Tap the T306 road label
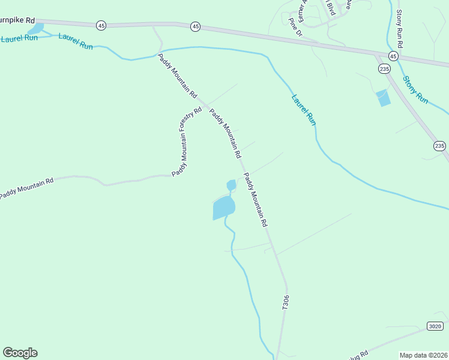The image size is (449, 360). click(x=286, y=302)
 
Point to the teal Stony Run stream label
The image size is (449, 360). click(x=415, y=89)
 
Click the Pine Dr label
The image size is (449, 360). click(x=294, y=27)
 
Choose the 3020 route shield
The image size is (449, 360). click(x=436, y=326)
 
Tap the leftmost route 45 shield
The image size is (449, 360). click(x=101, y=25)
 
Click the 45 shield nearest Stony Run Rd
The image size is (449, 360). click(x=393, y=56)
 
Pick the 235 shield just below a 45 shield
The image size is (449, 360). click(x=384, y=70)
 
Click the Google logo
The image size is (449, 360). click(x=20, y=353)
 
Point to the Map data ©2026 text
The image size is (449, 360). click(x=423, y=355)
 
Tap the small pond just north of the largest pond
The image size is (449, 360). click(x=231, y=185)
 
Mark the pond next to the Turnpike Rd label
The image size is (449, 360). click(x=36, y=29)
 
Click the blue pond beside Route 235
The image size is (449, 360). click(x=382, y=98)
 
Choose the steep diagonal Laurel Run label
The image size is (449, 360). click(x=303, y=109)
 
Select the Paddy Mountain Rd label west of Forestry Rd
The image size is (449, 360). click(x=26, y=187)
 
